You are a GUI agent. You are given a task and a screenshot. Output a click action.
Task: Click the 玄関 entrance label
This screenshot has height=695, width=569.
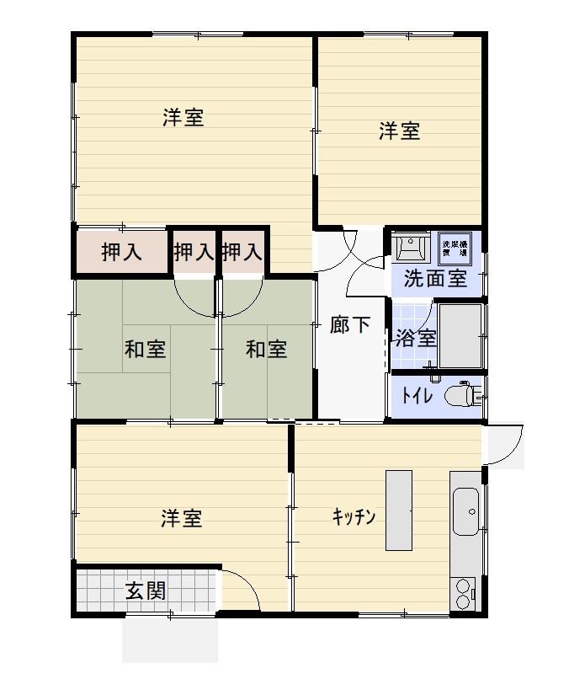pos(146,591)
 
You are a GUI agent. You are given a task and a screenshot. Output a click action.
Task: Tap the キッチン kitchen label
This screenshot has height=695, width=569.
pos(353,516)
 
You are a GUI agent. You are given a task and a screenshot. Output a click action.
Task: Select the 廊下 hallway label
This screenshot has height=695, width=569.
pos(349,324)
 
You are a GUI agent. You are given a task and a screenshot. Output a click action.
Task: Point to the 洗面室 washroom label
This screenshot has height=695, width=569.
pos(435,279)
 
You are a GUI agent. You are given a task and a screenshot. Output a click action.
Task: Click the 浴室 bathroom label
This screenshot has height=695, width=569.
pos(416,339)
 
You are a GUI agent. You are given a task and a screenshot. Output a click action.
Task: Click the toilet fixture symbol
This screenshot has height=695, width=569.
pos(462,394)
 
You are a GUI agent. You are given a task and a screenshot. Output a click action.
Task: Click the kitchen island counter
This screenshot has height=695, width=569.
pos(399,510)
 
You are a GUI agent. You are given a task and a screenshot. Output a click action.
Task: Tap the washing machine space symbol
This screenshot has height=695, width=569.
pos(455,245)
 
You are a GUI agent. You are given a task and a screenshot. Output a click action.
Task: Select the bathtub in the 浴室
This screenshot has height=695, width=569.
pos(460,334)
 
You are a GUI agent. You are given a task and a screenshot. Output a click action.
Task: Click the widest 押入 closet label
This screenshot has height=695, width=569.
pos(121,252)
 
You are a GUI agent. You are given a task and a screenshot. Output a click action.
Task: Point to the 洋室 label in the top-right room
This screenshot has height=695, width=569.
pos(399,131)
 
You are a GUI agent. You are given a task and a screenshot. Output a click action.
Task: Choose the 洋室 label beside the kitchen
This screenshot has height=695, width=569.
pos(182,518)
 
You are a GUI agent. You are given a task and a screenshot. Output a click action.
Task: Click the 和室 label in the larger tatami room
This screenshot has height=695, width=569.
pos(145,349)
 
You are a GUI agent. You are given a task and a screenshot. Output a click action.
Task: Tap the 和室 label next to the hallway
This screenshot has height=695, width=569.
pos(266,349)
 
